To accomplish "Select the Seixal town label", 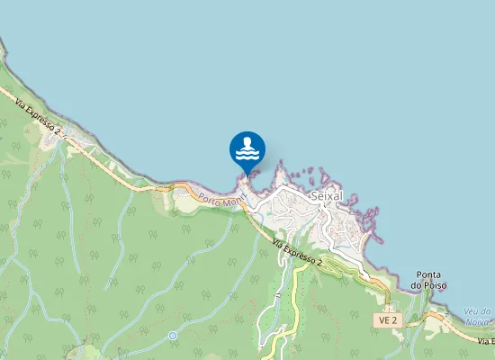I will [x=326, y=196].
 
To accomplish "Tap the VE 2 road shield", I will [x=388, y=319].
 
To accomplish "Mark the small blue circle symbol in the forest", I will [x=172, y=336].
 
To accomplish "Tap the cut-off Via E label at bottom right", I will [x=486, y=342].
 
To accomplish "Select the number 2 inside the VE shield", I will [x=394, y=319].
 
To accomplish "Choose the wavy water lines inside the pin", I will [x=247, y=154].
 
